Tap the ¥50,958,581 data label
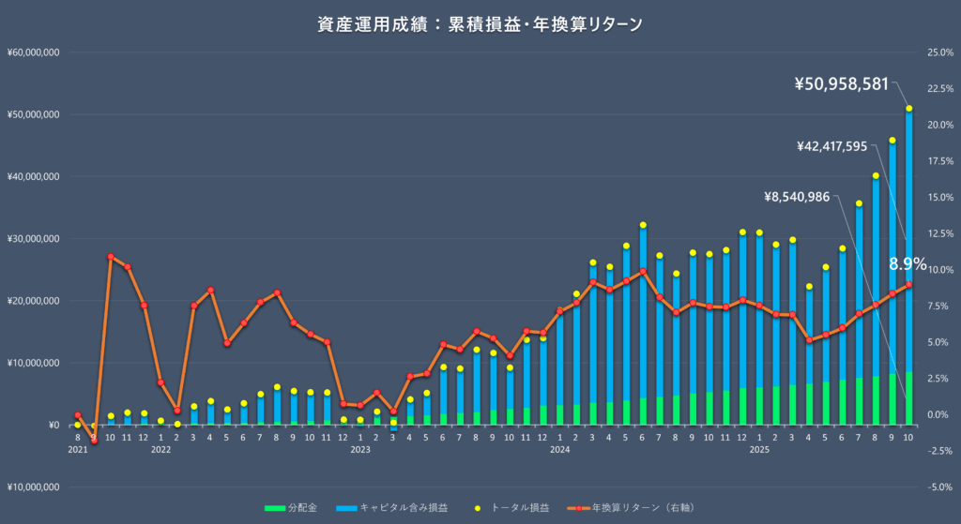(x=841, y=84)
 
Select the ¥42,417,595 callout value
(x=845, y=146)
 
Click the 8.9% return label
(x=908, y=263)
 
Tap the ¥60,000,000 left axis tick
(x=33, y=52)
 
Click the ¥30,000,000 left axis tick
(x=33, y=238)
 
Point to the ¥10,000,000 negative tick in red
(x=33, y=487)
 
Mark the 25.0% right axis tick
(x=940, y=52)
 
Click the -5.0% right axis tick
(x=940, y=487)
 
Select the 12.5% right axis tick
(x=940, y=233)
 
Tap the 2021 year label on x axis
(x=78, y=450)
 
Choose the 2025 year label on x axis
(x=759, y=450)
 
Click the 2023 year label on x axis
(x=360, y=450)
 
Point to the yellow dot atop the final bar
(x=908, y=109)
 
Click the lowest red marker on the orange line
(x=94, y=441)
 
